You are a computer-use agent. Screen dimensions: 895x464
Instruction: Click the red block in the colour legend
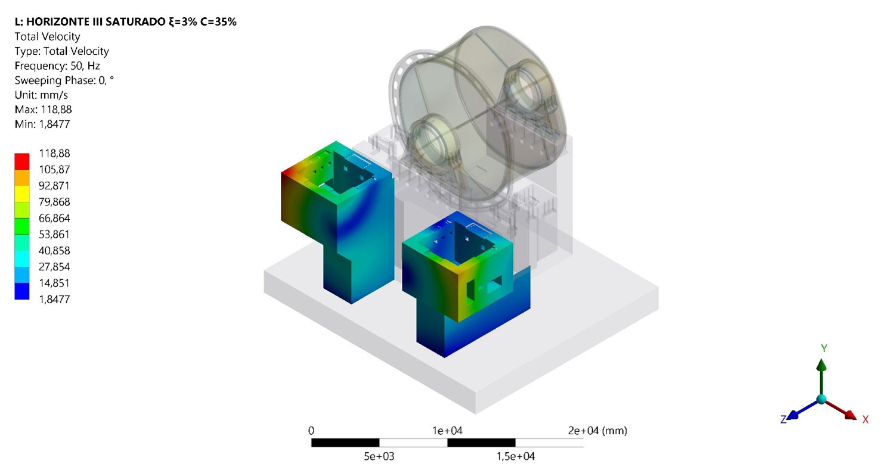coord(22,161)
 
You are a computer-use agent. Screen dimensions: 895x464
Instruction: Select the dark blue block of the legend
coord(22,291)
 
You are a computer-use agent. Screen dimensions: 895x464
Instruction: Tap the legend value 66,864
coord(54,218)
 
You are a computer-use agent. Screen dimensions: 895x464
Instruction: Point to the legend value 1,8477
coord(54,299)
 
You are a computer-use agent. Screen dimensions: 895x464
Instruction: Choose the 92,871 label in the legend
coord(54,186)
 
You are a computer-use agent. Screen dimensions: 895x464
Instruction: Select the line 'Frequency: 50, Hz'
coord(57,66)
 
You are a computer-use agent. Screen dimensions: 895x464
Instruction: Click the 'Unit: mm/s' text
coord(41,95)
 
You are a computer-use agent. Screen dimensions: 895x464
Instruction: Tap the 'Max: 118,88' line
coord(43,110)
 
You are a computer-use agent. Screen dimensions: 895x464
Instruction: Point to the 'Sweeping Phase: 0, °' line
coord(64,80)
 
